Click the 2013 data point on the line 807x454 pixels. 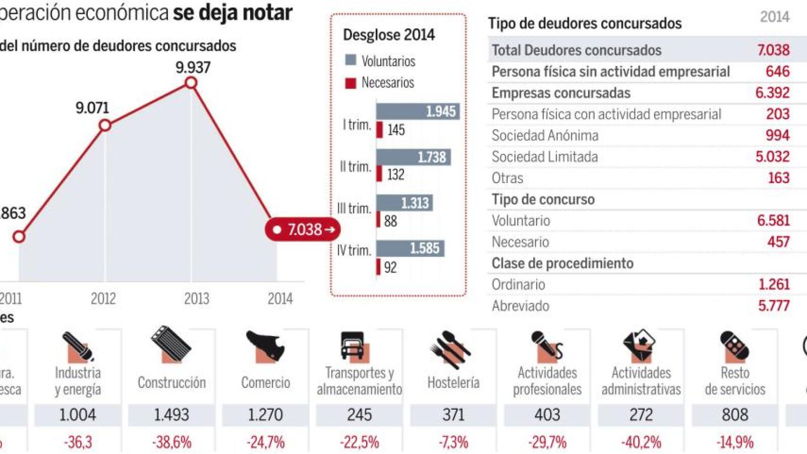pyautogui.click(x=191, y=82)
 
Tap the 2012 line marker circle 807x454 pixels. pyautogui.click(x=104, y=125)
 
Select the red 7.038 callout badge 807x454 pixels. pyautogui.click(x=303, y=230)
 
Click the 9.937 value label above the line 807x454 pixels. pyautogui.click(x=193, y=67)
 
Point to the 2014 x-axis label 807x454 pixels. pyautogui.click(x=280, y=299)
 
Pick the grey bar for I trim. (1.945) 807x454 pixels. pyautogui.click(x=418, y=111)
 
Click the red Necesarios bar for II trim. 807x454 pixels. pyautogui.click(x=379, y=174)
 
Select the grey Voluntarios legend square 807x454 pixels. pyautogui.click(x=351, y=60)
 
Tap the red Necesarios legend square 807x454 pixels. pyautogui.click(x=351, y=83)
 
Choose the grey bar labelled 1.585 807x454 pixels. pyautogui.click(x=410, y=248)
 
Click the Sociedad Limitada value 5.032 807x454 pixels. pyautogui.click(x=772, y=156)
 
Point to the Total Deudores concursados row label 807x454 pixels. pyautogui.click(x=577, y=50)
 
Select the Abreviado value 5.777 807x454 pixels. pyautogui.click(x=774, y=305)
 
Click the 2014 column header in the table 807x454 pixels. pyautogui.click(x=774, y=17)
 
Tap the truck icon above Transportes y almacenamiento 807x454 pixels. pyautogui.click(x=353, y=347)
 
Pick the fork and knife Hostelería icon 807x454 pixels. pyautogui.click(x=450, y=348)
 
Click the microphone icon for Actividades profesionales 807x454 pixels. pyautogui.click(x=546, y=347)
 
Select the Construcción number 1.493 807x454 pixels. pyautogui.click(x=171, y=415)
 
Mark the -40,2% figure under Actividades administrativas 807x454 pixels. pyautogui.click(x=641, y=442)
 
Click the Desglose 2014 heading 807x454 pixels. pyautogui.click(x=389, y=35)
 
